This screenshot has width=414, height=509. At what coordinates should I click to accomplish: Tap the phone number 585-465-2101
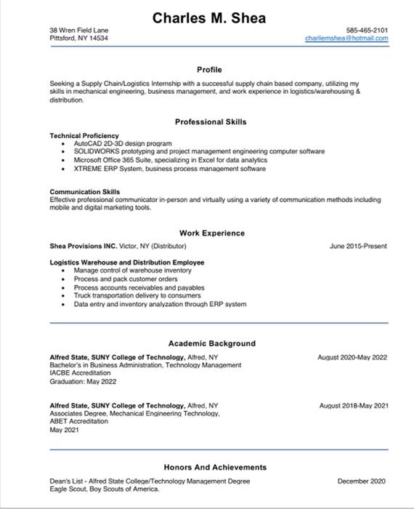(x=367, y=30)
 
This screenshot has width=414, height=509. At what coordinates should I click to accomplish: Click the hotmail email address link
(x=346, y=38)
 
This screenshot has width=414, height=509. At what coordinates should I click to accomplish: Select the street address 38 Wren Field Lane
(x=78, y=30)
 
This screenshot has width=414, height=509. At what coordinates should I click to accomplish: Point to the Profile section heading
(x=209, y=69)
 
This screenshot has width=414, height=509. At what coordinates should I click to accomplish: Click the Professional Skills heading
(x=211, y=121)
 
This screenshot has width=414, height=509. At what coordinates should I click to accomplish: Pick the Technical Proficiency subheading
(x=84, y=136)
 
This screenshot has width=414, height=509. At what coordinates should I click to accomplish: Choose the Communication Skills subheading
(x=85, y=192)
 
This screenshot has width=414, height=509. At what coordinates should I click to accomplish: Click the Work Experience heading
(x=212, y=233)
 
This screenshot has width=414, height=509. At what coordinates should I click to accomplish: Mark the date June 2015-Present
(x=358, y=247)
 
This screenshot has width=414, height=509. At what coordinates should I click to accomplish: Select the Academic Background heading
(x=212, y=343)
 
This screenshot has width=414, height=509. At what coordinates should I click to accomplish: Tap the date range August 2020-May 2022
(x=352, y=358)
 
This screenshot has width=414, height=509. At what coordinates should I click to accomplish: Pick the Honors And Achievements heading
(x=215, y=467)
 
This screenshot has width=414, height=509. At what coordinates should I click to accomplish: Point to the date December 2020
(x=362, y=481)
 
